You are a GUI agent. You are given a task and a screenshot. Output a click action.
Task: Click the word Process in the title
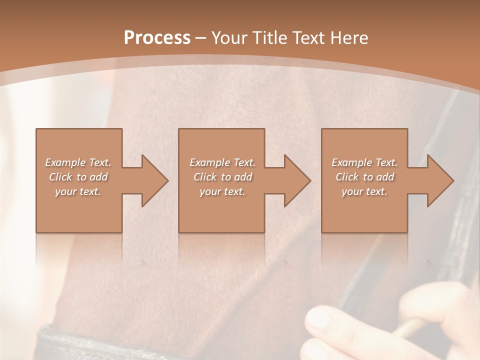click(157, 37)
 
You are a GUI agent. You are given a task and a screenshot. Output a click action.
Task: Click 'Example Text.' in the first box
click(78, 162)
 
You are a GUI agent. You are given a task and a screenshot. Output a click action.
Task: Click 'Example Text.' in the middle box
click(222, 162)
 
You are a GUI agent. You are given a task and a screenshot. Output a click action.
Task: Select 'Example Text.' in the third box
click(364, 162)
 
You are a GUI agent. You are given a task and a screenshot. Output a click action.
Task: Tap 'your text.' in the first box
click(78, 191)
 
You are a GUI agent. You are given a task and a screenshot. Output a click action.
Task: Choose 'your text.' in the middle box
click(222, 191)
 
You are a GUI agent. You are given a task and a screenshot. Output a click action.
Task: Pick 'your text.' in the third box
click(364, 191)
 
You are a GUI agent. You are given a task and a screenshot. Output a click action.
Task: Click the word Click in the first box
click(61, 177)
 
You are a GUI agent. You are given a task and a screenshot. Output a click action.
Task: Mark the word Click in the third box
click(347, 177)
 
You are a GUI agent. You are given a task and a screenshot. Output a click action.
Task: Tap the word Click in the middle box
click(205, 177)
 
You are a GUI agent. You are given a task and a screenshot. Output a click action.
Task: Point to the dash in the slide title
click(200, 38)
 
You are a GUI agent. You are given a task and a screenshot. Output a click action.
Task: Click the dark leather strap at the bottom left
click(75, 345)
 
